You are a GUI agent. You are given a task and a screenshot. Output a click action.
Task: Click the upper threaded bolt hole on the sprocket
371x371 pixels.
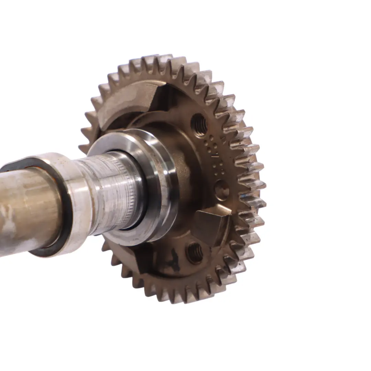pos(199,125)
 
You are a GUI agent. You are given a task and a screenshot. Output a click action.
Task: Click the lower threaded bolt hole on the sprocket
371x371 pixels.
pos(194,253)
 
